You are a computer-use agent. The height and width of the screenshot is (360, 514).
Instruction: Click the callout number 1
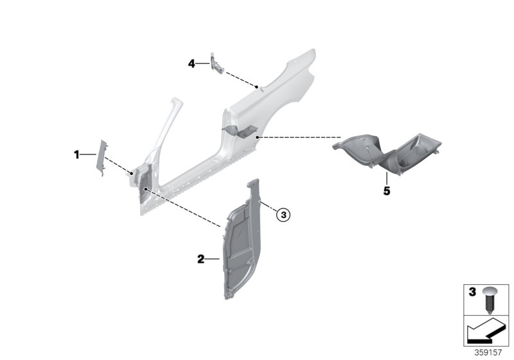pyautogui.click(x=76, y=154)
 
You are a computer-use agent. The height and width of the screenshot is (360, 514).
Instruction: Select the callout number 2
pyautogui.click(x=200, y=259)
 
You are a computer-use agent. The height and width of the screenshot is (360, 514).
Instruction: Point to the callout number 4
pyautogui.click(x=191, y=63)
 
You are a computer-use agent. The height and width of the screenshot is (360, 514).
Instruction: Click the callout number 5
pyautogui.click(x=387, y=192)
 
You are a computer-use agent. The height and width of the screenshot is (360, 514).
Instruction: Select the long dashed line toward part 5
pyautogui.click(x=299, y=137)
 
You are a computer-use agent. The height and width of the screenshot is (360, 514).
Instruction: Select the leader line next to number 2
pyautogui.click(x=213, y=259)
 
